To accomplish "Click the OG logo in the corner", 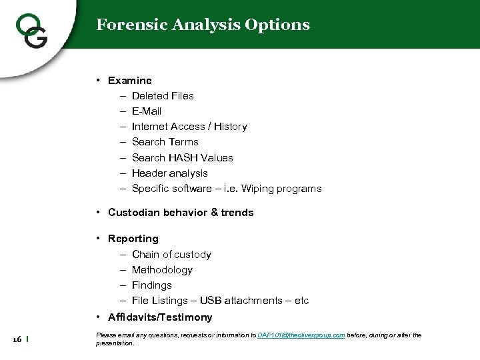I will (31, 30).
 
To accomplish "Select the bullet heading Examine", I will (130, 81).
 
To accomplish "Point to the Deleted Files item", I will (163, 96).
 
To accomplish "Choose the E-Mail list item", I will (147, 111).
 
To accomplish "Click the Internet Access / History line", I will (189, 127).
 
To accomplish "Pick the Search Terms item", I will (165, 142).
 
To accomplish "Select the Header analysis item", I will (170, 173).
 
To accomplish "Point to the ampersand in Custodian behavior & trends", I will (215, 213).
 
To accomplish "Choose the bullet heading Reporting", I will (133, 239).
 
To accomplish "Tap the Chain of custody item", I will (171, 255).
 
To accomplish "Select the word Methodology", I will (162, 270).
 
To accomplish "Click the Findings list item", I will (152, 285).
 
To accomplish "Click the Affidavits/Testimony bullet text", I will (160, 317).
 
